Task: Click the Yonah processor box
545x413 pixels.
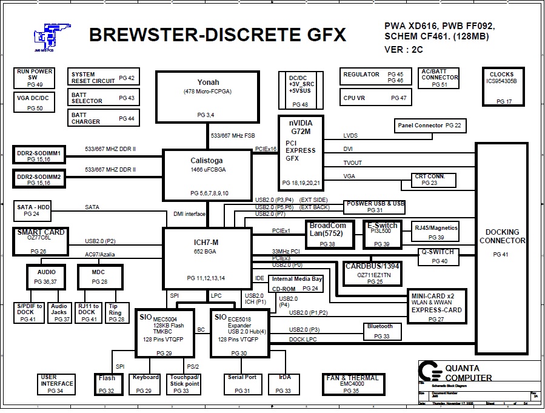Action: [x=208, y=96]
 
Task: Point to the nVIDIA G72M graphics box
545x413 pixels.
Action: [x=301, y=152]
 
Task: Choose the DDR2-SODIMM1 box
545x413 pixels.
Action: [x=39, y=155]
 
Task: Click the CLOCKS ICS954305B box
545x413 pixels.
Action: [x=501, y=87]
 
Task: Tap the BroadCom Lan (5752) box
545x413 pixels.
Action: [x=328, y=234]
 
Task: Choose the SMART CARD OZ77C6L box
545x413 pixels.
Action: [x=39, y=241]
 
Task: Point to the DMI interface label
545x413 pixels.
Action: [x=190, y=213]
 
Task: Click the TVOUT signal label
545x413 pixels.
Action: [x=353, y=163]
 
